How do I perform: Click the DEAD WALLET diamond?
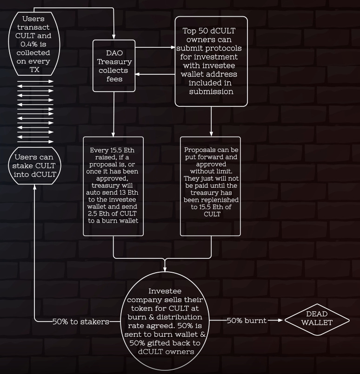317,320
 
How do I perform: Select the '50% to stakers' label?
81,321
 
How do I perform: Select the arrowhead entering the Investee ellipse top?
165,269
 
